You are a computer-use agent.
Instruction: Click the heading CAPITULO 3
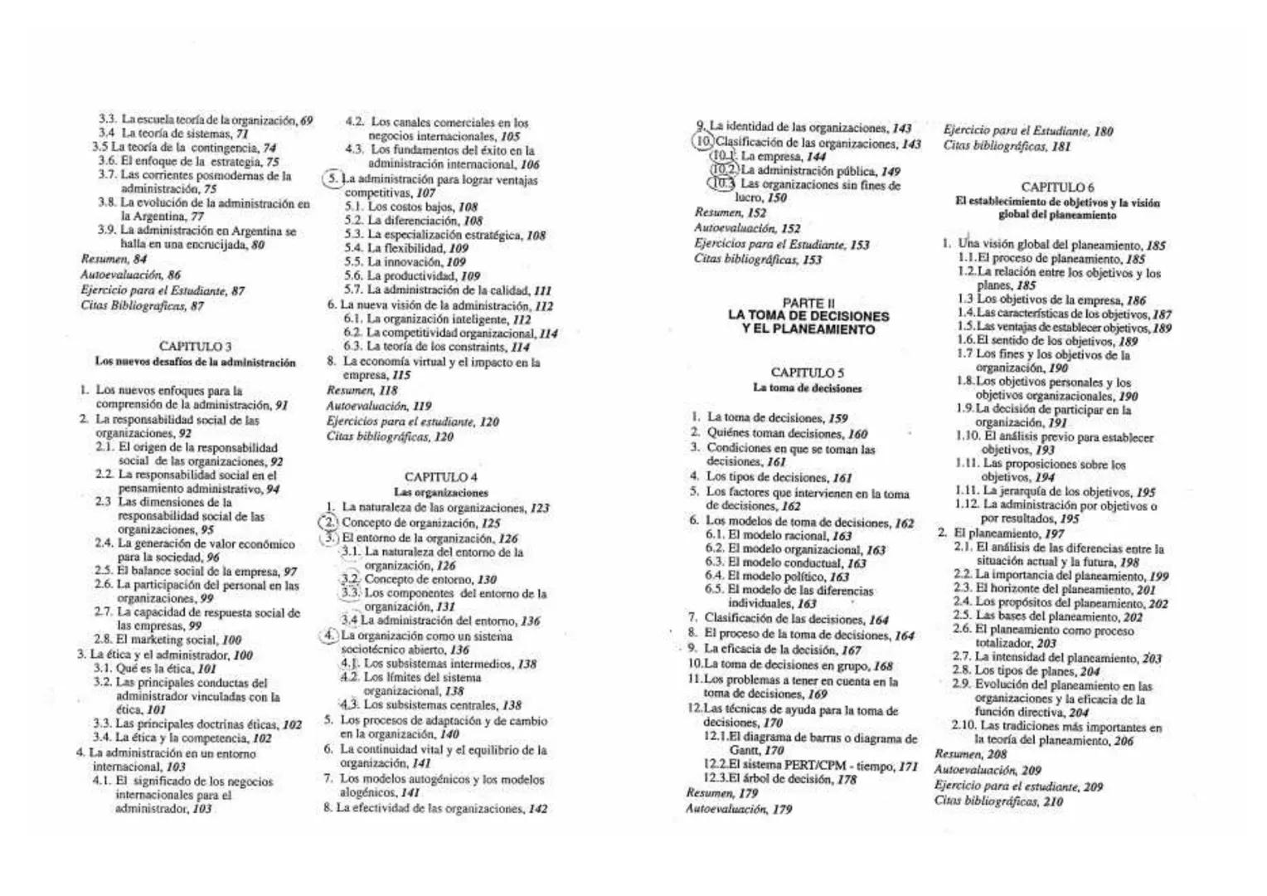click(x=195, y=346)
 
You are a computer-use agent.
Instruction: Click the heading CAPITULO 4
click(x=440, y=477)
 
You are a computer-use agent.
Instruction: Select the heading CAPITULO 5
click(x=807, y=373)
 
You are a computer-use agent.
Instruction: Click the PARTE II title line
click(x=808, y=303)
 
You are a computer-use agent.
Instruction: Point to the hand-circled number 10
click(x=702, y=143)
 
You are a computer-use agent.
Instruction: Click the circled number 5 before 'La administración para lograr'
click(x=332, y=179)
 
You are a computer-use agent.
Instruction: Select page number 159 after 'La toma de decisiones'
click(x=837, y=419)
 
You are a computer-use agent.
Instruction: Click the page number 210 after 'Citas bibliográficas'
click(x=1052, y=801)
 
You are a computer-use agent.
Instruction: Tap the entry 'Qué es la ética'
click(x=155, y=669)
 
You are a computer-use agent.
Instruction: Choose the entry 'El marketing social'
click(x=167, y=640)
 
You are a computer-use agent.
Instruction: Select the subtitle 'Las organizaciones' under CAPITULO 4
click(x=440, y=492)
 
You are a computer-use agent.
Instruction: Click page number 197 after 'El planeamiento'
click(x=1054, y=534)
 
